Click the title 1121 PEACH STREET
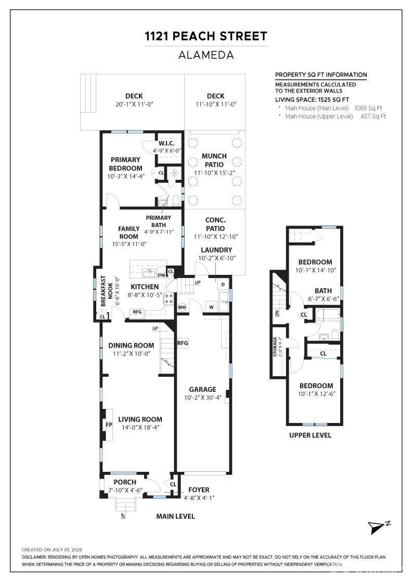pyautogui.click(x=206, y=36)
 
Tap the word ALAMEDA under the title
pyautogui.click(x=206, y=55)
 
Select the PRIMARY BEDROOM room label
pyautogui.click(x=125, y=164)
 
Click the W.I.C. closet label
pyautogui.click(x=166, y=143)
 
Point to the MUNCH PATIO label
pyautogui.click(x=214, y=160)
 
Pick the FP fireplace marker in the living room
pyautogui.click(x=109, y=425)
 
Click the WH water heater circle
pyautogui.click(x=182, y=307)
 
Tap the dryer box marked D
pyautogui.click(x=223, y=284)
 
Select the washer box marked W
pyautogui.click(x=211, y=307)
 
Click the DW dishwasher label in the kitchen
pyautogui.click(x=161, y=275)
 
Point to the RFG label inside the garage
pyautogui.click(x=183, y=343)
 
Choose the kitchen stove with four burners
pyautogui.click(x=169, y=298)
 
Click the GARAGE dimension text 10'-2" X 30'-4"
pyautogui.click(x=203, y=398)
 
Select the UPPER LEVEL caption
pyautogui.click(x=310, y=435)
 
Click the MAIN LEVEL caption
pyautogui.click(x=175, y=517)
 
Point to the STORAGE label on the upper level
pyautogui.click(x=275, y=347)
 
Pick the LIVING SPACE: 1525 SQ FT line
pyautogui.click(x=312, y=99)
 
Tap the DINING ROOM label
pyautogui.click(x=131, y=346)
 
